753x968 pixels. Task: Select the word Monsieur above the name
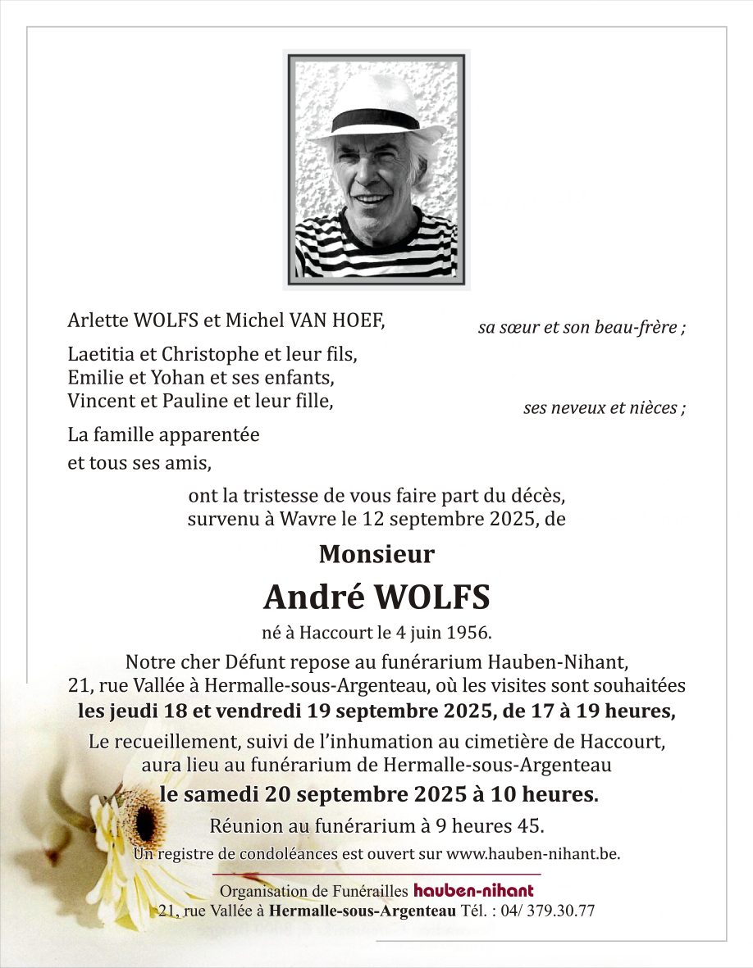click(376, 554)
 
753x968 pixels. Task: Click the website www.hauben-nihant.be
click(532, 853)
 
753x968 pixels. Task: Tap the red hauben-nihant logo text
click(473, 890)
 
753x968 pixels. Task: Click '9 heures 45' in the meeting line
click(498, 824)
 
